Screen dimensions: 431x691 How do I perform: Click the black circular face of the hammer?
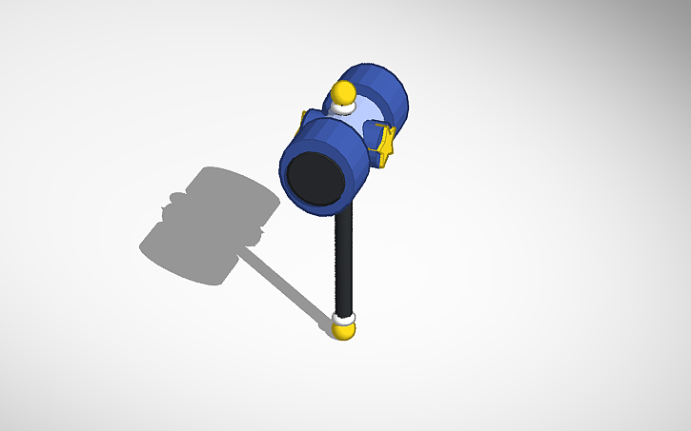(x=315, y=178)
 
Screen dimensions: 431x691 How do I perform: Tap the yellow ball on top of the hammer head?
(x=342, y=93)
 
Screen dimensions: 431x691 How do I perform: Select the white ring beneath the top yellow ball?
(x=342, y=108)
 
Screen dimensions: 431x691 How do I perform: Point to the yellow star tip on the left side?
(x=304, y=118)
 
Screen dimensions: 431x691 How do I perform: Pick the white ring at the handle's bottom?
(x=344, y=318)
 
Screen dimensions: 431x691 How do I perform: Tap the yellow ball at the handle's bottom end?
(x=344, y=329)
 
